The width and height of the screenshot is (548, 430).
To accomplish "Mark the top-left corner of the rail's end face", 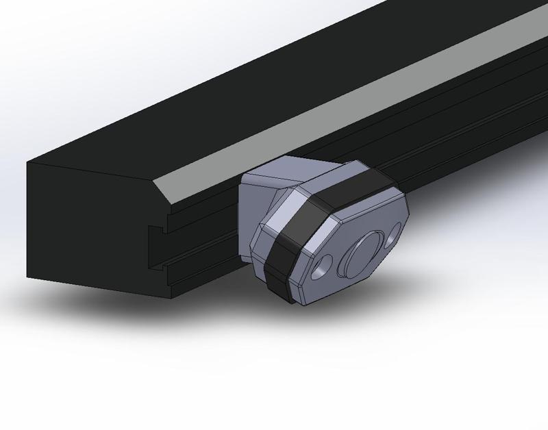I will pyautogui.click(x=27, y=162).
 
